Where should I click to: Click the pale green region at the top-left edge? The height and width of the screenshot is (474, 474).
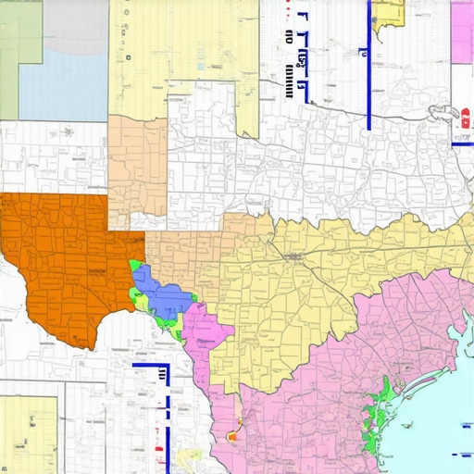point(19,46)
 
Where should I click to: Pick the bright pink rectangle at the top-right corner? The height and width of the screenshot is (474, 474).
point(463,32)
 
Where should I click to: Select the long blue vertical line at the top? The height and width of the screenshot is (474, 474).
point(369,65)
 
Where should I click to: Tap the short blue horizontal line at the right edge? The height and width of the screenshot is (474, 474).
point(463,144)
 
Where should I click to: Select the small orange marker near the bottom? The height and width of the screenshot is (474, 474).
point(231,434)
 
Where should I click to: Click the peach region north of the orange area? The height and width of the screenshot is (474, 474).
point(137,171)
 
